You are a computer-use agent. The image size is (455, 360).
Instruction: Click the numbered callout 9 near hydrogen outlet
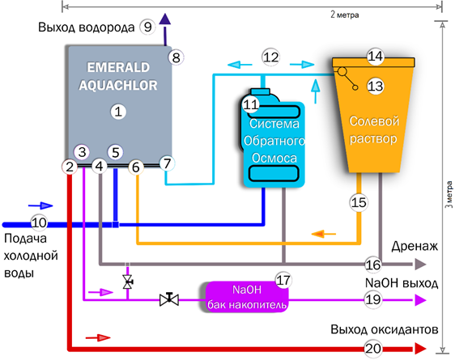[147, 27]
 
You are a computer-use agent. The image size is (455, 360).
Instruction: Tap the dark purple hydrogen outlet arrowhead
[165, 19]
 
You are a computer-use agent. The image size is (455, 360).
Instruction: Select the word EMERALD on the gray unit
[118, 67]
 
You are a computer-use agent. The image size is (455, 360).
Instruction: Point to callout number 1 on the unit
[118, 112]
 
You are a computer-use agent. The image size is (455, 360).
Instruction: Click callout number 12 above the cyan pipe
[270, 57]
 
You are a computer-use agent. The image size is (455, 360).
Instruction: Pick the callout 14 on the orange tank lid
[375, 57]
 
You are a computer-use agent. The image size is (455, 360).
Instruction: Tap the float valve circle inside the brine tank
[342, 71]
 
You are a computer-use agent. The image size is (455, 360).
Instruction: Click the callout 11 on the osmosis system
[251, 104]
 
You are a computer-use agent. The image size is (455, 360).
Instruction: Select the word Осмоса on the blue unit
[274, 158]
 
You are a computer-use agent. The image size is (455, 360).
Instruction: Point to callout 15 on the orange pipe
[359, 202]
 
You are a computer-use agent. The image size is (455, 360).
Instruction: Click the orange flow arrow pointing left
[324, 234]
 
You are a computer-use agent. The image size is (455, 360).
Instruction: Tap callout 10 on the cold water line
[39, 222]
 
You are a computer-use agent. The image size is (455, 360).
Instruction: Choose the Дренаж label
[415, 247]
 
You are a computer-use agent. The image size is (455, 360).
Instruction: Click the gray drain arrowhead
[419, 264]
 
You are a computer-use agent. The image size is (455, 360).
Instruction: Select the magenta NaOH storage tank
[247, 297]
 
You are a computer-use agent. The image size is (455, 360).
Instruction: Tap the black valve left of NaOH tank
[169, 299]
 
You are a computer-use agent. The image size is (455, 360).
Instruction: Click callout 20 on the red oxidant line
[373, 349]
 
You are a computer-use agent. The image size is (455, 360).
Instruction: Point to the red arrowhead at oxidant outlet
[420, 349]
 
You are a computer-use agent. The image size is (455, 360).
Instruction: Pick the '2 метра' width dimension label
[344, 15]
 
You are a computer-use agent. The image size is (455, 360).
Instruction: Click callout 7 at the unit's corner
[167, 163]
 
